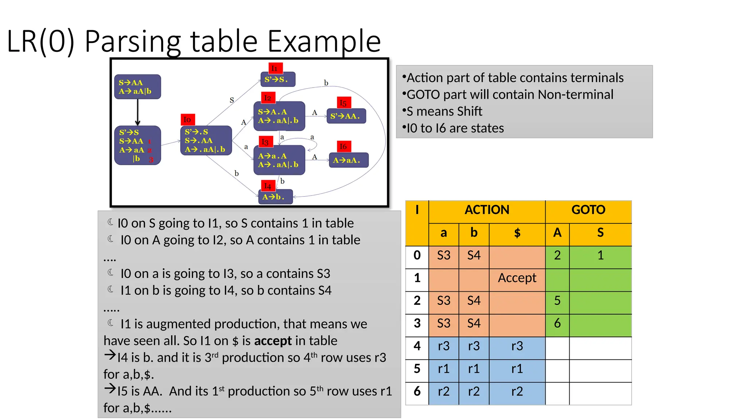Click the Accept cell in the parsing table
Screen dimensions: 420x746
[x=517, y=278]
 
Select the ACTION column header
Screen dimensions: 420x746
[x=487, y=210]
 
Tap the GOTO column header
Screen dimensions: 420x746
[x=588, y=210]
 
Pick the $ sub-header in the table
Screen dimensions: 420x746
[x=517, y=233]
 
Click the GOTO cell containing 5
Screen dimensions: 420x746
[x=557, y=301]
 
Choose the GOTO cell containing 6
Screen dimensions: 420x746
[x=557, y=323]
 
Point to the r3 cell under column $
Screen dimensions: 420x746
[x=517, y=346]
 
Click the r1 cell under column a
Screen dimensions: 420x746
[x=443, y=369]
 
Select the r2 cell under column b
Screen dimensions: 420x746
[x=474, y=392]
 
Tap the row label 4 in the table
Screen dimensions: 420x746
[x=417, y=346]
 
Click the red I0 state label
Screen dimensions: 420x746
[x=188, y=120]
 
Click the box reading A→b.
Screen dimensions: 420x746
[x=275, y=197]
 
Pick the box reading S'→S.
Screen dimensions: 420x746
[x=278, y=79]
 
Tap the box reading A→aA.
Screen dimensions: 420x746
[x=348, y=160]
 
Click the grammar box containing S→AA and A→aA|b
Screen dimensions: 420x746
[x=137, y=87]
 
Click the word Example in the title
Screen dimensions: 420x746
[x=324, y=41]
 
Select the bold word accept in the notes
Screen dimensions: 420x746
[x=273, y=341]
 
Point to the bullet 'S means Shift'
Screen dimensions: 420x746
[x=444, y=112]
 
